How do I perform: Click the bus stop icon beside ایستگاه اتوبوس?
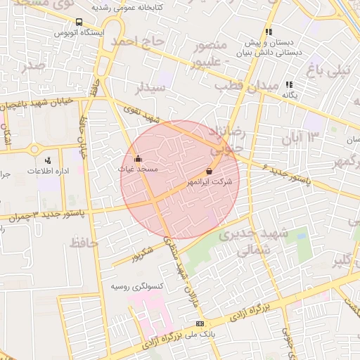coord(78,22)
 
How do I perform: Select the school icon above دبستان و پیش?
coord(268,32)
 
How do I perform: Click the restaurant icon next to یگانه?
coord(289,85)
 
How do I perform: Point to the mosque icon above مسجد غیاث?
coord(138,158)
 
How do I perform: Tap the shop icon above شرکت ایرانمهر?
coord(209,172)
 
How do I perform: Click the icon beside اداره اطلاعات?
coord(47,160)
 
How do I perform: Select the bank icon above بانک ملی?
coord(200,323)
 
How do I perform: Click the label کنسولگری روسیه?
coord(138,286)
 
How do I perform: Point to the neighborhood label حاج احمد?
coord(146,44)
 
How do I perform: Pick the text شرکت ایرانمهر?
coord(209,182)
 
